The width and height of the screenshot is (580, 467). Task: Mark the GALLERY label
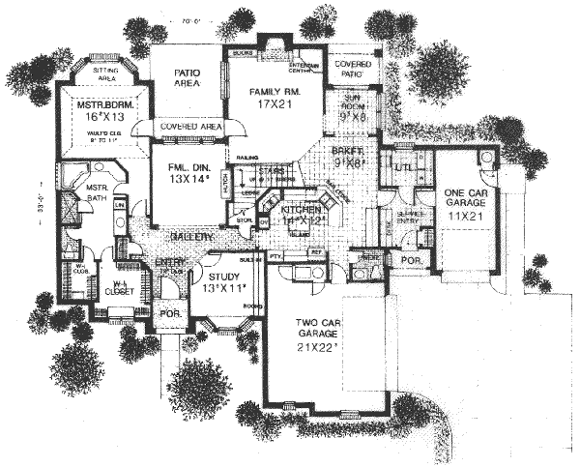tap(192, 237)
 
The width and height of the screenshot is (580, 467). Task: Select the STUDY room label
tap(227, 259)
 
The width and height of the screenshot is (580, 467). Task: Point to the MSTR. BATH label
tap(95, 193)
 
